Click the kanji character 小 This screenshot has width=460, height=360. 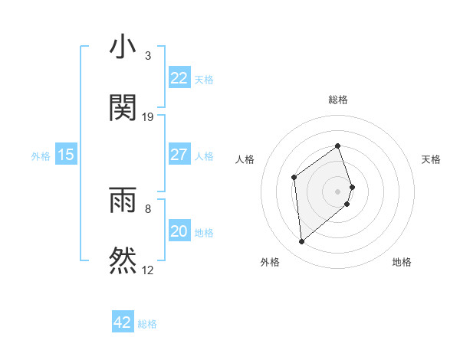pos(123,47)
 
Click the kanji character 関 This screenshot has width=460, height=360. pos(123,107)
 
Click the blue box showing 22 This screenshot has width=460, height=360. pos(179,78)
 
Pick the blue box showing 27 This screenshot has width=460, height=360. pos(179,155)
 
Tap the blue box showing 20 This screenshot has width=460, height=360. pos(179,231)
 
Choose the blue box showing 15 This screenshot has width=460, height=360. pos(66,155)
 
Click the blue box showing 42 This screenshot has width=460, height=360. pos(123,322)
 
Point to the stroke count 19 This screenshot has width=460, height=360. pos(148,117)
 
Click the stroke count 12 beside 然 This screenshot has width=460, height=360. pos(148,270)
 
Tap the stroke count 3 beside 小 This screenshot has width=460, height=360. pos(148,56)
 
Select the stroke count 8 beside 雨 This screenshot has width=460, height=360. pos(148,208)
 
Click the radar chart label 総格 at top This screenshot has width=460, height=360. pos(338,100)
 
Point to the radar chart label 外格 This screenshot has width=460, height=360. pos(270,262)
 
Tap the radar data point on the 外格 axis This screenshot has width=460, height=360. pos(302,242)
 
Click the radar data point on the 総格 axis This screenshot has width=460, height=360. pos(338,146)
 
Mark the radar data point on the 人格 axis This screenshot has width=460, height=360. pos(294,178)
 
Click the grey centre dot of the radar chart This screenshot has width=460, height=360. pos(338,191)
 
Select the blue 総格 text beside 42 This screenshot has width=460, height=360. pos(147,324)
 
